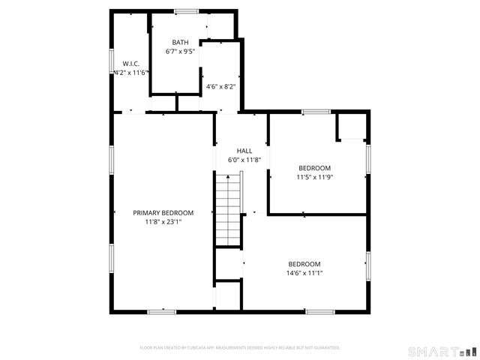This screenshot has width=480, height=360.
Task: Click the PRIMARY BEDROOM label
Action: (163, 213)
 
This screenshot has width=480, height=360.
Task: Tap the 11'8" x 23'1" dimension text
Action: (163, 222)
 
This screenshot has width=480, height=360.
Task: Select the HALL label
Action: (244, 151)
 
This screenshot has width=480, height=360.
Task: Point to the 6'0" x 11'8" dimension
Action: (244, 160)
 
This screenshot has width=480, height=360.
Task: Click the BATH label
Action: (180, 43)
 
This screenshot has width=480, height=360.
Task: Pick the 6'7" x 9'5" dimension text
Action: (180, 52)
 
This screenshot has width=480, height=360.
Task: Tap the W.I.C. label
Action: (131, 64)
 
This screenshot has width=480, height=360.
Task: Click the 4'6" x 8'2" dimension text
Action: (220, 87)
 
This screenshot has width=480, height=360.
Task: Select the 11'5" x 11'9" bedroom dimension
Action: (315, 178)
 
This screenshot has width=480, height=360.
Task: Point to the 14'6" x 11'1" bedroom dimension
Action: (304, 273)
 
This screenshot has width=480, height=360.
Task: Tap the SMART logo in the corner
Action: (442, 351)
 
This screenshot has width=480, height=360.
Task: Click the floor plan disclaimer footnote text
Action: (240, 348)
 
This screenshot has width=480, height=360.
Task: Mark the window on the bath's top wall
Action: (187, 11)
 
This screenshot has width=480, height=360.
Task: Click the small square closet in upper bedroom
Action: (351, 127)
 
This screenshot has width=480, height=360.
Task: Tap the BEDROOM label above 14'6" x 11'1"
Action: (304, 264)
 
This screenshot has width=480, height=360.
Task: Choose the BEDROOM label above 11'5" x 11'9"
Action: (315, 168)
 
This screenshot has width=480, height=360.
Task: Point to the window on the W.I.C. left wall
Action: (112, 63)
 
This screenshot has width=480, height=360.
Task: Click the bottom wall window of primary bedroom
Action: (161, 311)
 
